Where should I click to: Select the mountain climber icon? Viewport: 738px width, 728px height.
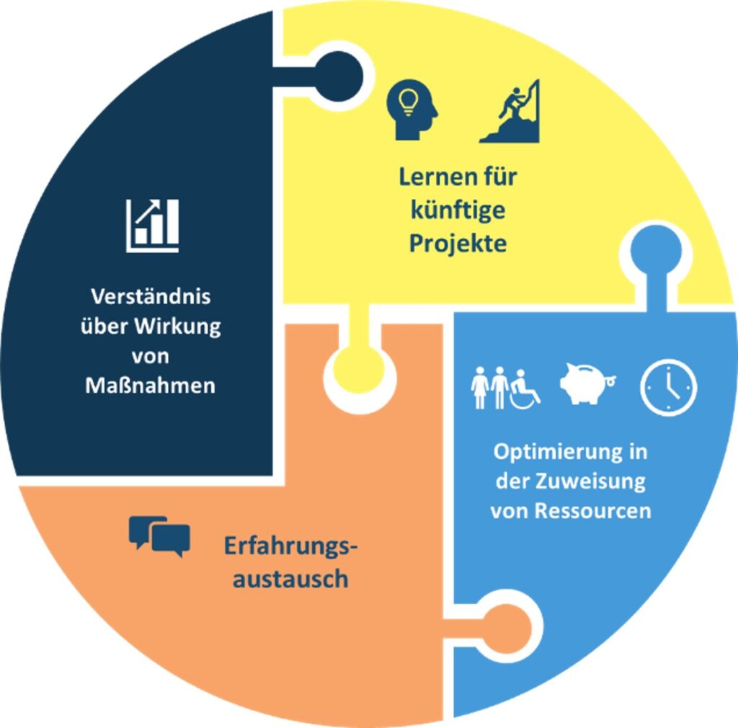point(510,112)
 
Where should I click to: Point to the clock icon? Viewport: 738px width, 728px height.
point(669,388)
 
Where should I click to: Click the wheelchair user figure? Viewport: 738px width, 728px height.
point(525,390)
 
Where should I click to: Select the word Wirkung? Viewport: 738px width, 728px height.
point(183,327)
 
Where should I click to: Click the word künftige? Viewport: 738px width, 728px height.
point(458,211)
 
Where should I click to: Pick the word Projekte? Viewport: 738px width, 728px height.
point(458,243)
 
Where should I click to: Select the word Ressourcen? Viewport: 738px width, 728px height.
point(593,511)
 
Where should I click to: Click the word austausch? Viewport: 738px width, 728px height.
point(290,578)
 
